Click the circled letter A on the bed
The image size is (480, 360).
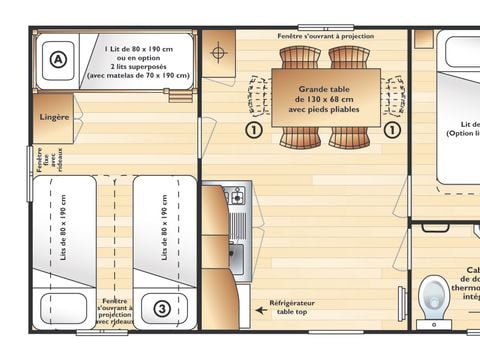click(x=58, y=60)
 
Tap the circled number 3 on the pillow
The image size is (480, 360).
click(x=162, y=308)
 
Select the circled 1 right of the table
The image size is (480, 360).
click(x=393, y=129)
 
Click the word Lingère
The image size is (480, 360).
click(x=54, y=117)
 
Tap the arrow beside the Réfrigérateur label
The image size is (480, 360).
click(x=261, y=310)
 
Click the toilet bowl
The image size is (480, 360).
click(x=433, y=296)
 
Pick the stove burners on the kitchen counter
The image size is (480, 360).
click(x=236, y=197)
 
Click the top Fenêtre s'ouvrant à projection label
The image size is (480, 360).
click(x=326, y=36)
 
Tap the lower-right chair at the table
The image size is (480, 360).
click(x=350, y=139)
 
